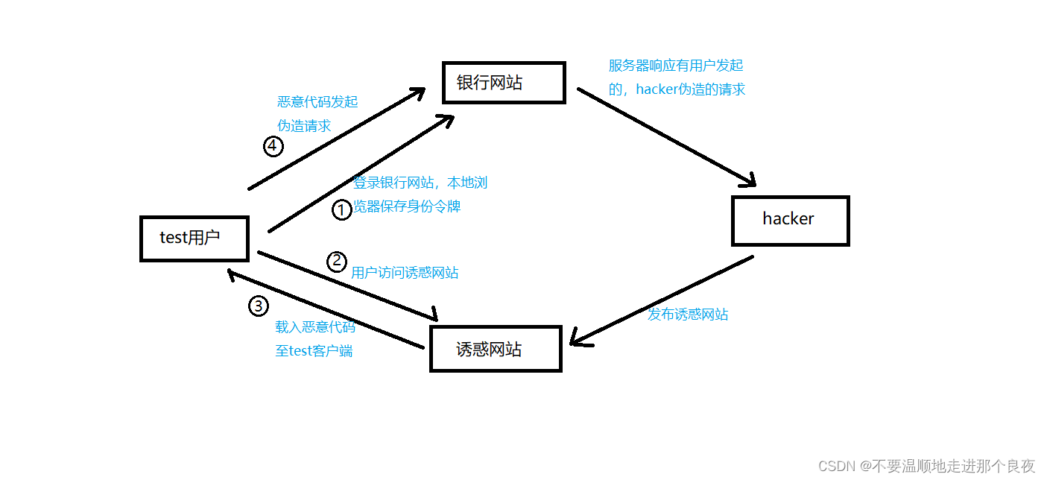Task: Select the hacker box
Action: (x=790, y=220)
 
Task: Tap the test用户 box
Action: (x=194, y=239)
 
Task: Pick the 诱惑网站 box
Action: (x=495, y=349)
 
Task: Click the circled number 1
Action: (x=341, y=210)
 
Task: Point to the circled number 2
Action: (x=338, y=261)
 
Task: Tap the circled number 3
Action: (x=258, y=306)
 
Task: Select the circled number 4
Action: (x=273, y=147)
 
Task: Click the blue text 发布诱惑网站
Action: (x=687, y=315)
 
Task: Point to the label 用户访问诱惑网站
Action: (x=405, y=273)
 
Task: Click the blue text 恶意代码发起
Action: (x=317, y=102)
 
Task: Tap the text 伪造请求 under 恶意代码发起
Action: (x=304, y=126)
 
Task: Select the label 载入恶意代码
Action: (x=315, y=326)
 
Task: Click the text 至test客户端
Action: (x=314, y=350)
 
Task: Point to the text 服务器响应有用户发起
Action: (x=676, y=66)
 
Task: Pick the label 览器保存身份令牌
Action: (x=407, y=206)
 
